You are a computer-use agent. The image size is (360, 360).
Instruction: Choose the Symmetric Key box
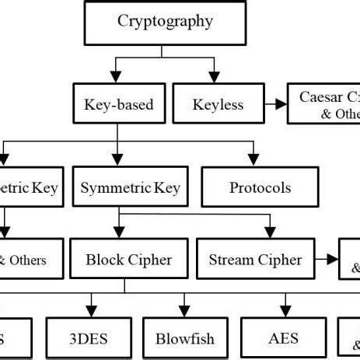[x=131, y=188]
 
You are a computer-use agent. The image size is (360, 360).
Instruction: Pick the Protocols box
[x=260, y=188]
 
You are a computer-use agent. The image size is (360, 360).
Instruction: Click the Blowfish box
[x=184, y=339]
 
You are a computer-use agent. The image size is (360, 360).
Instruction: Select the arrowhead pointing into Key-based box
[x=115, y=78]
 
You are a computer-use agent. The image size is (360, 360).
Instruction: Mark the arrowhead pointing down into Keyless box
[x=211, y=78]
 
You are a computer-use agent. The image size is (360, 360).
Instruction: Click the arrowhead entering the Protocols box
[x=252, y=159]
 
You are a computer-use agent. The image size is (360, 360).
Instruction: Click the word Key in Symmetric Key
[x=166, y=188]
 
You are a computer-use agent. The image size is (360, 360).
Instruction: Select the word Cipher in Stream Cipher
[x=280, y=260]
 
